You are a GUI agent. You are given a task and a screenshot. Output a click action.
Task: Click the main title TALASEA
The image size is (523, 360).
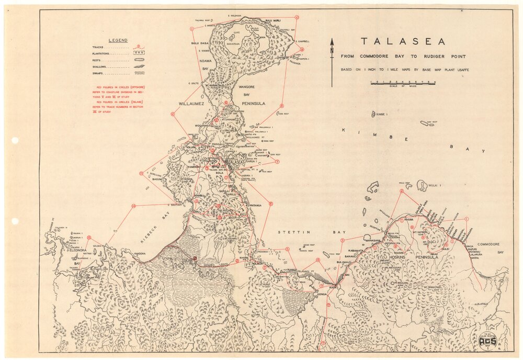[x=402, y=42]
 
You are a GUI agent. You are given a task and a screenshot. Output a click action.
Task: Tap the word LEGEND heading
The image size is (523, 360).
[x=118, y=40]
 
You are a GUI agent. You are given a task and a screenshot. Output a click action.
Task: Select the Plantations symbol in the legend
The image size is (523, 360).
[x=139, y=53]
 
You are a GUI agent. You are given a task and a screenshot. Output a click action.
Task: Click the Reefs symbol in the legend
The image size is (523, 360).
[x=139, y=60]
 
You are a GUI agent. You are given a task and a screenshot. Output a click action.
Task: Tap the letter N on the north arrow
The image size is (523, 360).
[x=331, y=50]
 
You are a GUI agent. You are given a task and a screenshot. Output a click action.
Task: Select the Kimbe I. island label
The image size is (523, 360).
[x=381, y=113]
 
